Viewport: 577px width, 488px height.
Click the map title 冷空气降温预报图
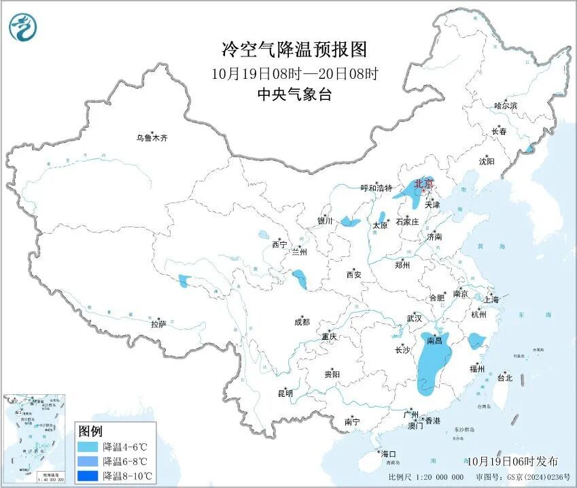click(294, 50)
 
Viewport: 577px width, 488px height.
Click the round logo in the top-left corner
click(23, 27)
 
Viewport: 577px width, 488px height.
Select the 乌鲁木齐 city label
click(151, 138)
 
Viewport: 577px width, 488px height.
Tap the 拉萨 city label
click(158, 324)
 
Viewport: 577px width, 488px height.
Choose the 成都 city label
click(302, 322)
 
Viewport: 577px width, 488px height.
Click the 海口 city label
click(388, 453)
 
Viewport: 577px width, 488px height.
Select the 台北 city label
click(504, 377)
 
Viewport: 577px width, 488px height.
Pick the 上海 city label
click(491, 300)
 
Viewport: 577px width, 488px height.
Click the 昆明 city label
click(285, 393)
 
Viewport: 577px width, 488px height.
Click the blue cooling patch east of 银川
click(350, 221)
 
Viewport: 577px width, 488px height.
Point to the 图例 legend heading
click(90, 431)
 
